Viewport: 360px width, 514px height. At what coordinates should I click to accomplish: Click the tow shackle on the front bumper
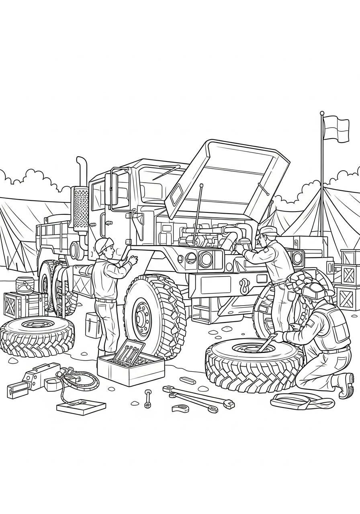click(244, 286)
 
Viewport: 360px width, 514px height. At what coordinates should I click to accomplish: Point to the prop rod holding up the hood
click(198, 213)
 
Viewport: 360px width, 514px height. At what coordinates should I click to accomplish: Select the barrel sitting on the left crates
click(25, 285)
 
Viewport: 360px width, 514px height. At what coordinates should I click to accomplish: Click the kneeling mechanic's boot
click(346, 384)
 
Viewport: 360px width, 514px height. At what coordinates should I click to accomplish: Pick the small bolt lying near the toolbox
click(148, 398)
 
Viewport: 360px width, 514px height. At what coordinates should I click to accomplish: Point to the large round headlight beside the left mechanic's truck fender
click(206, 259)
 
